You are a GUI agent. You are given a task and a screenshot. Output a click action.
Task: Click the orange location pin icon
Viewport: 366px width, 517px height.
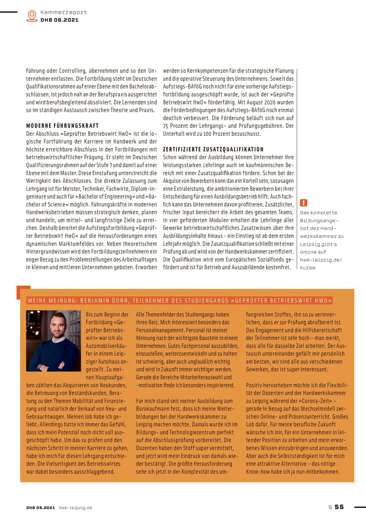pos(32,16)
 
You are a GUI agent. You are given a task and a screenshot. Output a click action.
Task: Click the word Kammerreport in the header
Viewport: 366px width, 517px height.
pos(63,12)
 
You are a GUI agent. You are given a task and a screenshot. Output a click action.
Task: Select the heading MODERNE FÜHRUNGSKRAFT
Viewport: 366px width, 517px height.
pos(62,126)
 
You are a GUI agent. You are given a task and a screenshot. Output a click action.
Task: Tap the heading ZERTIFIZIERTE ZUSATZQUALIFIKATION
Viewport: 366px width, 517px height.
pos(213,149)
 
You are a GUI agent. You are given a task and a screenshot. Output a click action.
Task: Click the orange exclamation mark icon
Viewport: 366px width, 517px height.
pos(303,203)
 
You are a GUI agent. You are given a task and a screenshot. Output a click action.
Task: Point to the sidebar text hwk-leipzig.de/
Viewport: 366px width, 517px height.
pos(321,260)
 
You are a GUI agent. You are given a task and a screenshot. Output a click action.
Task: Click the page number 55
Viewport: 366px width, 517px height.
pos(339,507)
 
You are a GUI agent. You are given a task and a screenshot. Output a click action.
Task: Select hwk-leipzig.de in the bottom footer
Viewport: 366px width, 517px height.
pos(75,508)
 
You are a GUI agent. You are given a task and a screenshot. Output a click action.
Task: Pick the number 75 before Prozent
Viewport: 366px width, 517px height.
pos(166,126)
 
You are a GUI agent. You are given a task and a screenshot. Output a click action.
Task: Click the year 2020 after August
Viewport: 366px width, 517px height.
pos(270,103)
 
